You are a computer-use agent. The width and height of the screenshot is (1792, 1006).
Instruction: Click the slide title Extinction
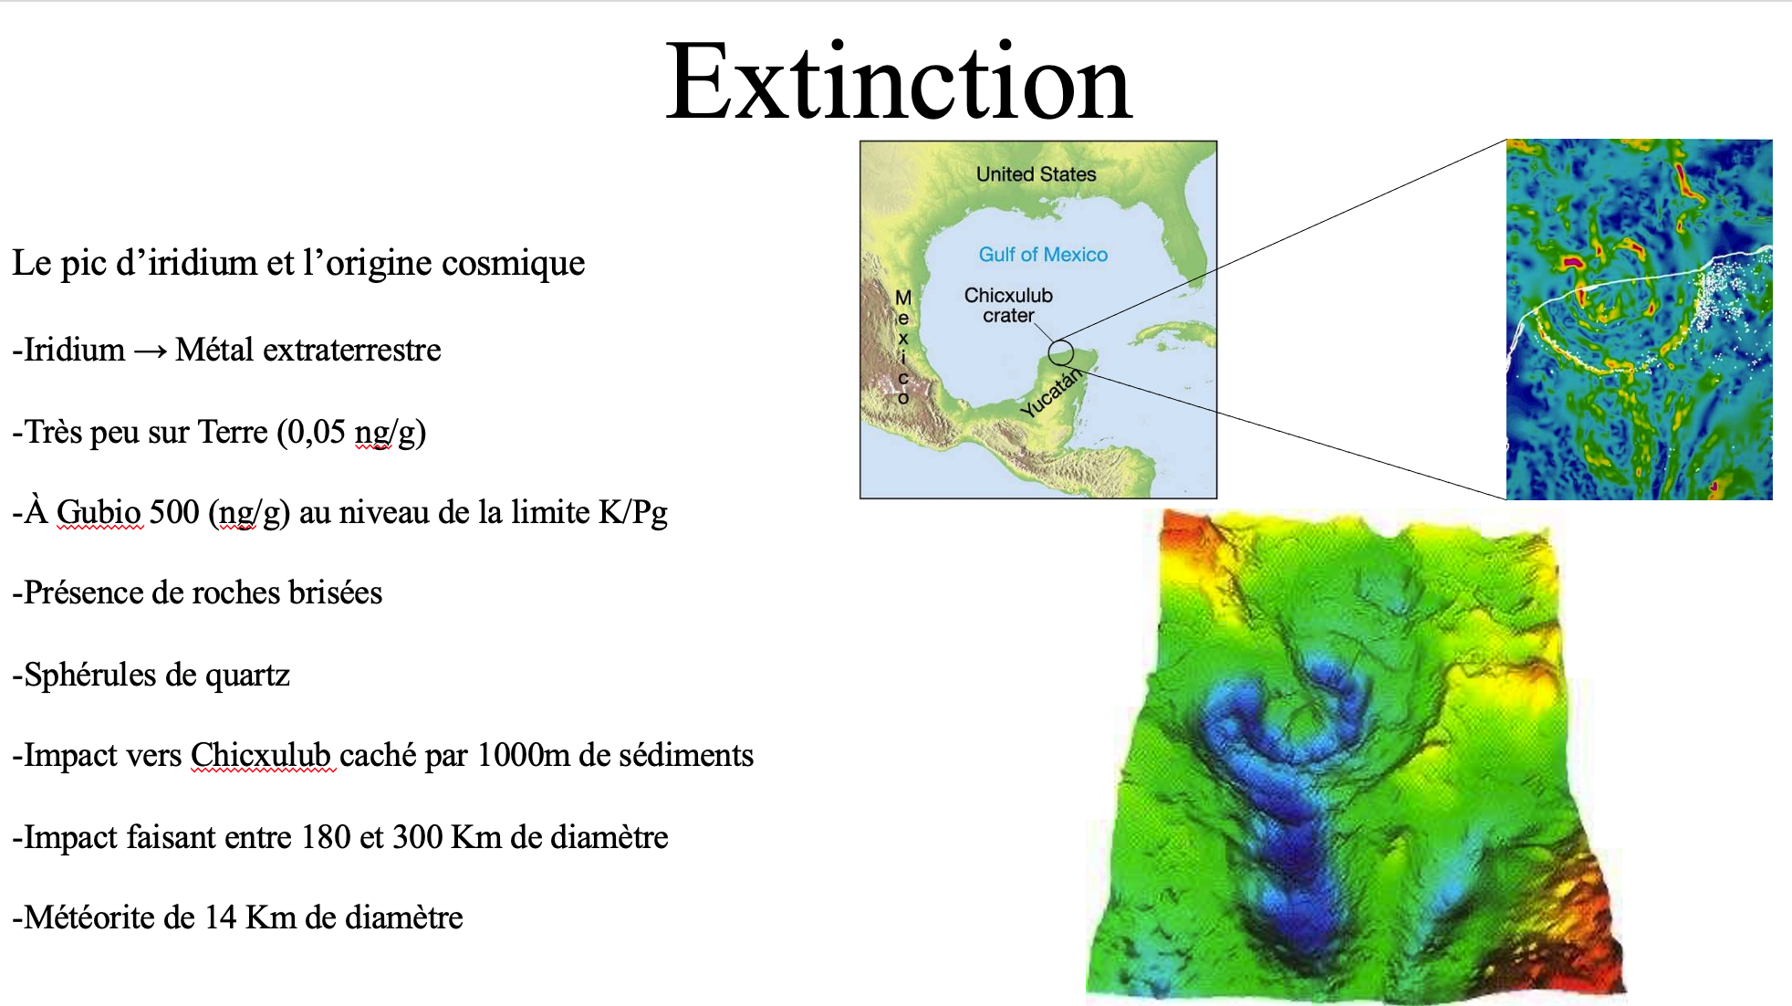point(899,82)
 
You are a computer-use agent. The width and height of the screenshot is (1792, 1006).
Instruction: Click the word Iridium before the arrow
point(74,350)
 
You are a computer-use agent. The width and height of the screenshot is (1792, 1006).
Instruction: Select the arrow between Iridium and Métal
point(151,351)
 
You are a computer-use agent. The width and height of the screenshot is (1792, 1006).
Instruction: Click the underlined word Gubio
point(99,513)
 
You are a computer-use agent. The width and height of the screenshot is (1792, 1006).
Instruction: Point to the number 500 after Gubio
point(174,512)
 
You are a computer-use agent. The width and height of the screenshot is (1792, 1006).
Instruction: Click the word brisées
point(336,593)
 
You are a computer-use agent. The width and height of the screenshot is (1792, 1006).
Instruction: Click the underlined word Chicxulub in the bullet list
point(261,756)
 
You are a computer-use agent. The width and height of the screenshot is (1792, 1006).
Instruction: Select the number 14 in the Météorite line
point(221,917)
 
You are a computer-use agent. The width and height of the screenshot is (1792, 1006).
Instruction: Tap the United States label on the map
point(1037,174)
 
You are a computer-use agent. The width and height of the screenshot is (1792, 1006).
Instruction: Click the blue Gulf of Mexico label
point(1043,255)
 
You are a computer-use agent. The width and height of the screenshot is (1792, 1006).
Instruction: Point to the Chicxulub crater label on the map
point(1008,305)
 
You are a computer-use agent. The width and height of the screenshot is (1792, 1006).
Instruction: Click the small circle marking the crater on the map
point(1060,341)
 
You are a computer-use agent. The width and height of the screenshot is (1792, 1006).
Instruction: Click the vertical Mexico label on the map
point(903,347)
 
